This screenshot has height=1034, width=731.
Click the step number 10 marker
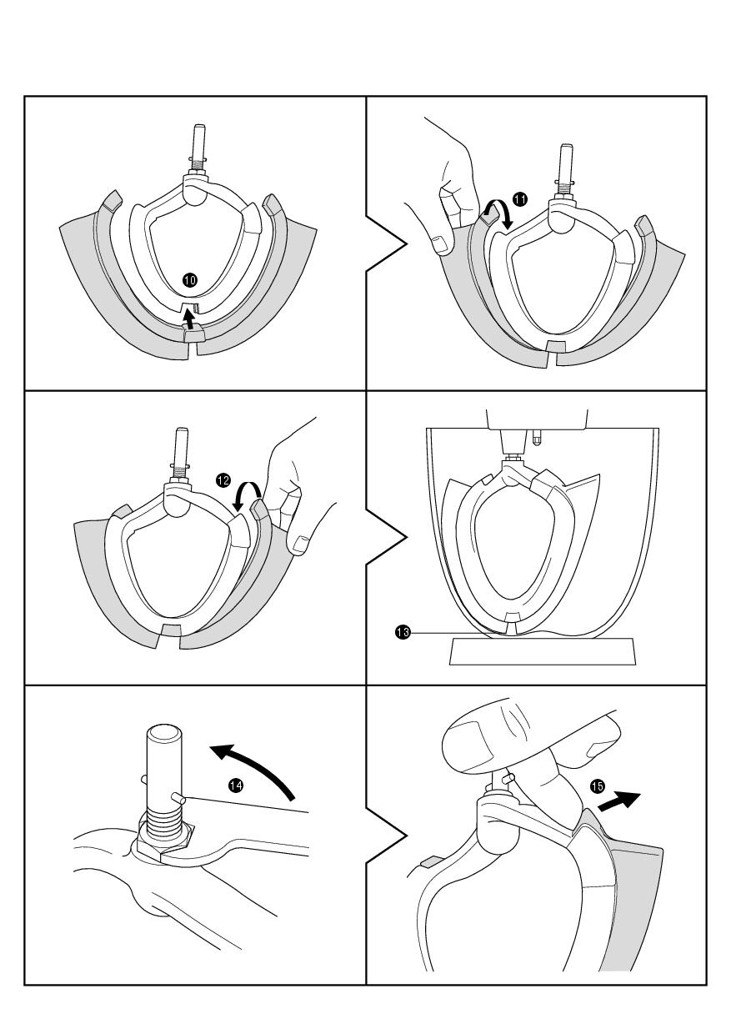point(190,280)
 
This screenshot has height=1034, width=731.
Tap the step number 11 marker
point(520,199)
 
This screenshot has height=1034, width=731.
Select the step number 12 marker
point(223,479)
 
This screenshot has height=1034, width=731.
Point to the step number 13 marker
point(402,633)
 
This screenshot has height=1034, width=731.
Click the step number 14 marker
point(237,786)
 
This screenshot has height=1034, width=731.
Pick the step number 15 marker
point(597,786)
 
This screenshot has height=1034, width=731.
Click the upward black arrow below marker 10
point(192,319)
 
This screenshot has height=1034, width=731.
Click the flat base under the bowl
point(543,650)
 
